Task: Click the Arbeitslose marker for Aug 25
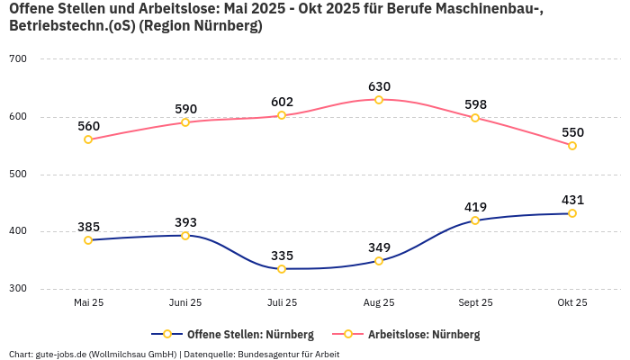click(x=379, y=100)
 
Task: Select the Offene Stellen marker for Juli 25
click(x=282, y=269)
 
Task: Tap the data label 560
click(x=88, y=126)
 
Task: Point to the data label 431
click(x=572, y=200)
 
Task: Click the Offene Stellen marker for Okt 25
click(x=572, y=213)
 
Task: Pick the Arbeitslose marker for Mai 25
click(x=88, y=139)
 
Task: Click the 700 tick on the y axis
click(x=18, y=59)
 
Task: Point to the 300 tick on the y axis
click(x=18, y=289)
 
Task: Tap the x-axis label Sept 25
click(x=475, y=302)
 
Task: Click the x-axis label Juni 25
click(x=185, y=302)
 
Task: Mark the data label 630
click(x=379, y=86)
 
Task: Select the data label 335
click(x=282, y=256)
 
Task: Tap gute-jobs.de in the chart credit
click(x=62, y=354)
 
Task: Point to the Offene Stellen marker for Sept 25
click(x=475, y=220)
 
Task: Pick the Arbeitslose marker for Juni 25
click(x=185, y=122)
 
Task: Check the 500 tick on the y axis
click(x=18, y=175)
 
